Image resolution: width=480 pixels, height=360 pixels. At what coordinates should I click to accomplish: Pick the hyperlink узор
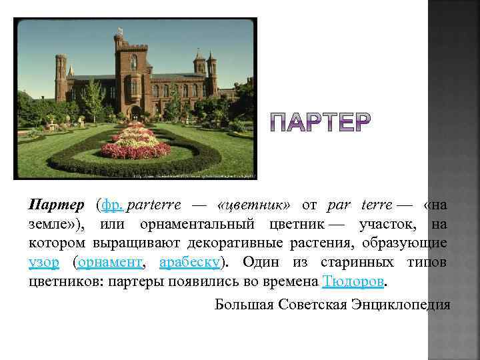click(45, 262)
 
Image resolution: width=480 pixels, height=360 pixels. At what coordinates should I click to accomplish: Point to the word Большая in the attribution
click(243, 305)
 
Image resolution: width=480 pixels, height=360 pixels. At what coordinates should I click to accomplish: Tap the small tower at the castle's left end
click(61, 77)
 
